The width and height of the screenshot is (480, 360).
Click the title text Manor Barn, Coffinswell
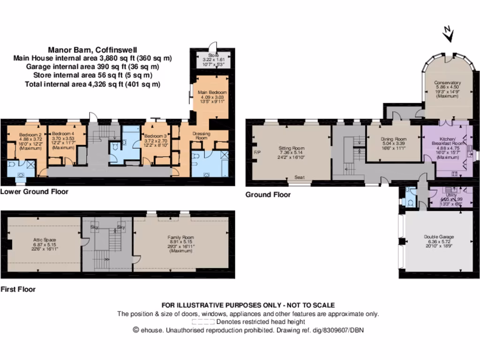92,50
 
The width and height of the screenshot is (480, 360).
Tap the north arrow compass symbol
448,34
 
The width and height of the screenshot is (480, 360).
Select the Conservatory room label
447,82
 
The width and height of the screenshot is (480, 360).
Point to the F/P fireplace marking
256,153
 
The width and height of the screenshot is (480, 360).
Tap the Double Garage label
439,237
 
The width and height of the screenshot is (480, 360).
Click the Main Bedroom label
212,92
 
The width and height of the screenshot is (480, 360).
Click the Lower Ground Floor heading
34,191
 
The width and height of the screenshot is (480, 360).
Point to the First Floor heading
18,289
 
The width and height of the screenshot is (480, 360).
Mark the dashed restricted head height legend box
203,322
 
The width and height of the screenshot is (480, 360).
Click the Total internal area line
92,84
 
